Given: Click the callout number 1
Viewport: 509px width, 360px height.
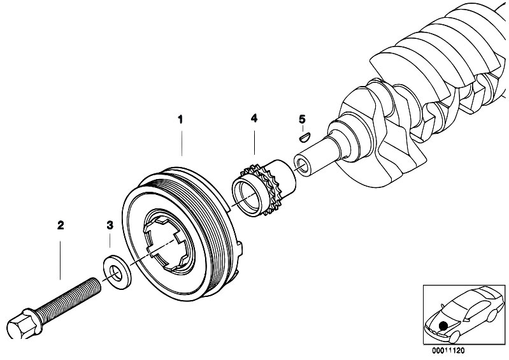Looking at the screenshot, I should [x=180, y=119].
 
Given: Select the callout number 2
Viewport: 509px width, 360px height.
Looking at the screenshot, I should [x=61, y=225].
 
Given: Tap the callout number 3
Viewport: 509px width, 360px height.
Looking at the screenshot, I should [x=110, y=225].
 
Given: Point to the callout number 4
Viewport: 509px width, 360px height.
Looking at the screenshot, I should [x=254, y=119].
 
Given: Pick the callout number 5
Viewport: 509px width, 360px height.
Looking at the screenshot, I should [x=302, y=119].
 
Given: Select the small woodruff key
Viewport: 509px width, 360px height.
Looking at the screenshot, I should [x=304, y=135].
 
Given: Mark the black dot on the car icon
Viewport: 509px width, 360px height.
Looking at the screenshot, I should [x=442, y=326].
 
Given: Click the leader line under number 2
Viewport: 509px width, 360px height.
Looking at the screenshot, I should [x=61, y=255].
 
